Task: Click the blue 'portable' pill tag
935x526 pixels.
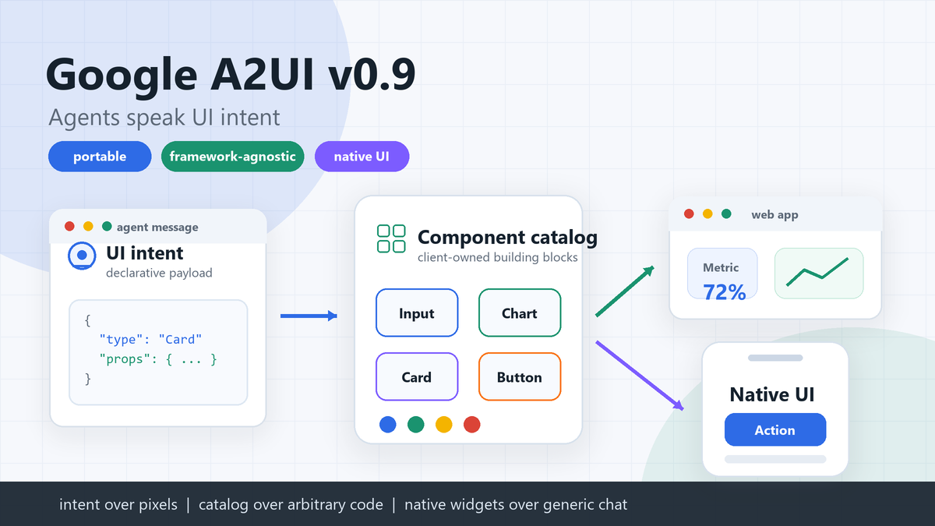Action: (100, 157)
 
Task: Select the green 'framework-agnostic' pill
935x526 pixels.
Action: (232, 157)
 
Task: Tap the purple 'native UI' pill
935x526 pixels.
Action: (362, 157)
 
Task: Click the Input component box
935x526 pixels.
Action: (417, 313)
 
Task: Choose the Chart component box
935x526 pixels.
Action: (519, 313)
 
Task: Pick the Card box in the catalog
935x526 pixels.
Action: (417, 377)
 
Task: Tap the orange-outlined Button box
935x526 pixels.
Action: (519, 377)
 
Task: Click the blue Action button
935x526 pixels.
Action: (774, 430)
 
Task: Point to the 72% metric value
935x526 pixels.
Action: (724, 292)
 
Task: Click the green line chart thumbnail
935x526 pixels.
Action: (818, 273)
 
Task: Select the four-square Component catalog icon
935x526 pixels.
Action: (391, 238)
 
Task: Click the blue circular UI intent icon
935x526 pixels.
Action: (81, 255)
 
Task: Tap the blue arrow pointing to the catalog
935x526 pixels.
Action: (309, 316)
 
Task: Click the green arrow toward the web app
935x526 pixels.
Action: (625, 291)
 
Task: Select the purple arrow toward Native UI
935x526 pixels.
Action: (640, 375)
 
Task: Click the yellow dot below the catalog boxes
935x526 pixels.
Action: (443, 424)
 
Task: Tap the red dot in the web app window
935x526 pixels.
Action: (689, 214)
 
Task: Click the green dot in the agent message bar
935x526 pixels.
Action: (107, 227)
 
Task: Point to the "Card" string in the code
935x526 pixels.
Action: (180, 340)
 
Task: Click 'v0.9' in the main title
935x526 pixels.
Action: (372, 76)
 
